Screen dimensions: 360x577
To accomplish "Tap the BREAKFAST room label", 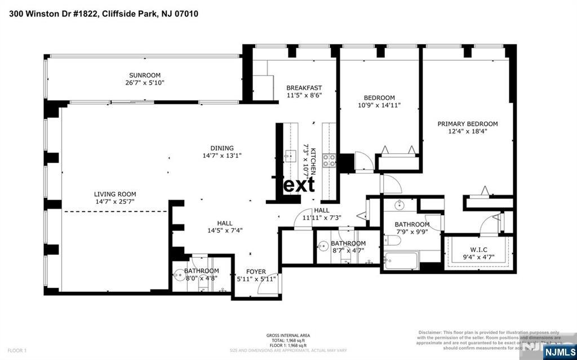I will pyautogui.click(x=304, y=88).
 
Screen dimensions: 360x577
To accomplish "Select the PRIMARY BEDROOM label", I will pyautogui.click(x=468, y=124).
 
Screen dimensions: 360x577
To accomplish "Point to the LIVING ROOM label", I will pyautogui.click(x=115, y=194).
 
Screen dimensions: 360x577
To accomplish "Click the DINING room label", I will pyautogui.click(x=222, y=148).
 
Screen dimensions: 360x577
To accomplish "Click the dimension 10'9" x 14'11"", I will pyautogui.click(x=379, y=105).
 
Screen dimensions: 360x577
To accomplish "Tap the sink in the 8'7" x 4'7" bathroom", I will pyautogui.click(x=323, y=246).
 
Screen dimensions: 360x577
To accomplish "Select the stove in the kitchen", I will pyautogui.click(x=329, y=160).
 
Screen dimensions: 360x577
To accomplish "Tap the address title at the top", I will pyautogui.click(x=103, y=13).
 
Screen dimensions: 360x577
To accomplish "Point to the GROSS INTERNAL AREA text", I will pyautogui.click(x=287, y=336).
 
